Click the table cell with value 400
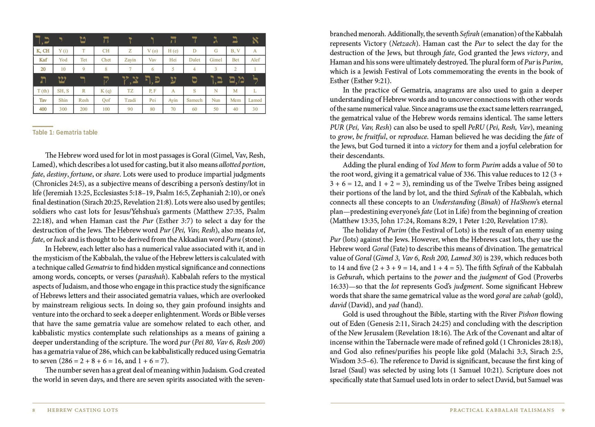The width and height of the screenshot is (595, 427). pos(43,109)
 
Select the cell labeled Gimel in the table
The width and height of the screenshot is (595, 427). pos(216,60)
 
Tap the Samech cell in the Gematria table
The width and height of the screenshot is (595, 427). pos(194,100)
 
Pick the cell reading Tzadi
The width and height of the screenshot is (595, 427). pos(130,100)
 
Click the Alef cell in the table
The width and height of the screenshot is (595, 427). pos(255,60)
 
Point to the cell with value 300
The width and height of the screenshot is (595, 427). pos(63,109)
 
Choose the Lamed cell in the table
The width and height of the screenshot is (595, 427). pos(255,100)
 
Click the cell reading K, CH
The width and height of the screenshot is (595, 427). pos(43,51)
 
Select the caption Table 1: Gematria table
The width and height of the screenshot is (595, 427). pos(65,132)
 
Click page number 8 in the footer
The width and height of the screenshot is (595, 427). pos(34,410)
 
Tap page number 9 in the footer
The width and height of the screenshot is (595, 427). pos(563,410)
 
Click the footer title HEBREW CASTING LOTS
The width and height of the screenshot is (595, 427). pos(83,410)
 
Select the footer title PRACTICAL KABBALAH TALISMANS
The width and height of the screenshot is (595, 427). pos(502,410)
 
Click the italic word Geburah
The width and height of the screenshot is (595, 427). pos(345,277)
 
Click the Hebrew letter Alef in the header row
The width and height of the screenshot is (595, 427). pos(255,40)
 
